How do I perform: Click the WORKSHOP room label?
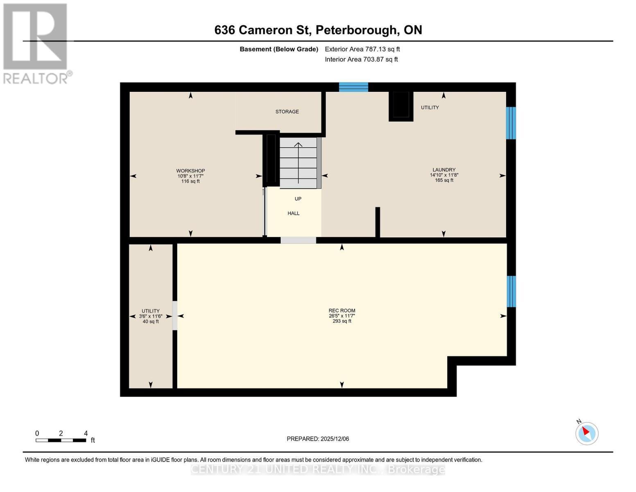[x=190, y=171]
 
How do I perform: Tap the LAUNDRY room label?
[x=444, y=170]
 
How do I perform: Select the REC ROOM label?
[x=342, y=311]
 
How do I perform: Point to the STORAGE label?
[x=287, y=112]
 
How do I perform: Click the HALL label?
[x=294, y=213]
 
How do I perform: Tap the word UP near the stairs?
[x=298, y=199]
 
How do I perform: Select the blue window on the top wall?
[x=353, y=87]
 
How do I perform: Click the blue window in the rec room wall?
[x=511, y=292]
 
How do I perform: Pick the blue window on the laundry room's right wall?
[x=511, y=123]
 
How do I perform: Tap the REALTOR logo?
[x=36, y=43]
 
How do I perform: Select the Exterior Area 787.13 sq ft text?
[x=362, y=49]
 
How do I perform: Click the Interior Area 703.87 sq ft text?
[x=361, y=59]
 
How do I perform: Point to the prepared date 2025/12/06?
[x=318, y=439]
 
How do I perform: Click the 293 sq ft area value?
[x=342, y=321]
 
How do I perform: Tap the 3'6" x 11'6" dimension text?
[x=151, y=317]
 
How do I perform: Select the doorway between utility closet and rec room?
[x=175, y=316]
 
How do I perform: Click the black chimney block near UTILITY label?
[x=401, y=106]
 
